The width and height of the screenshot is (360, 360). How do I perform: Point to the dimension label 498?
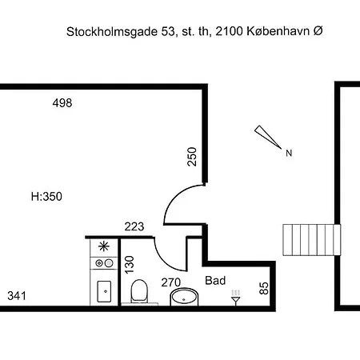tap(62, 103)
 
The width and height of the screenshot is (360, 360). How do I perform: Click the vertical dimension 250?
tap(192, 156)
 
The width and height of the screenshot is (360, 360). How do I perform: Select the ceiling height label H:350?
tap(46, 196)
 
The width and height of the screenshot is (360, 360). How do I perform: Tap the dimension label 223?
tap(134, 227)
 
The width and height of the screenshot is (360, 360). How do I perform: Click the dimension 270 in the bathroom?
tap(171, 282)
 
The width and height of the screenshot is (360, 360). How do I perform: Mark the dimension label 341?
tap(18, 296)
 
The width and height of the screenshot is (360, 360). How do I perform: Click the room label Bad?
tap(215, 281)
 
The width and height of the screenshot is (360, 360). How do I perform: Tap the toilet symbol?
tap(138, 291)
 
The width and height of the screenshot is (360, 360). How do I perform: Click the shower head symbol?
tap(235, 300)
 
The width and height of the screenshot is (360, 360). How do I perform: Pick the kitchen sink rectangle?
tap(104, 290)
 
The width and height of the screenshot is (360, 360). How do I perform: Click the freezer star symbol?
tap(104, 246)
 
